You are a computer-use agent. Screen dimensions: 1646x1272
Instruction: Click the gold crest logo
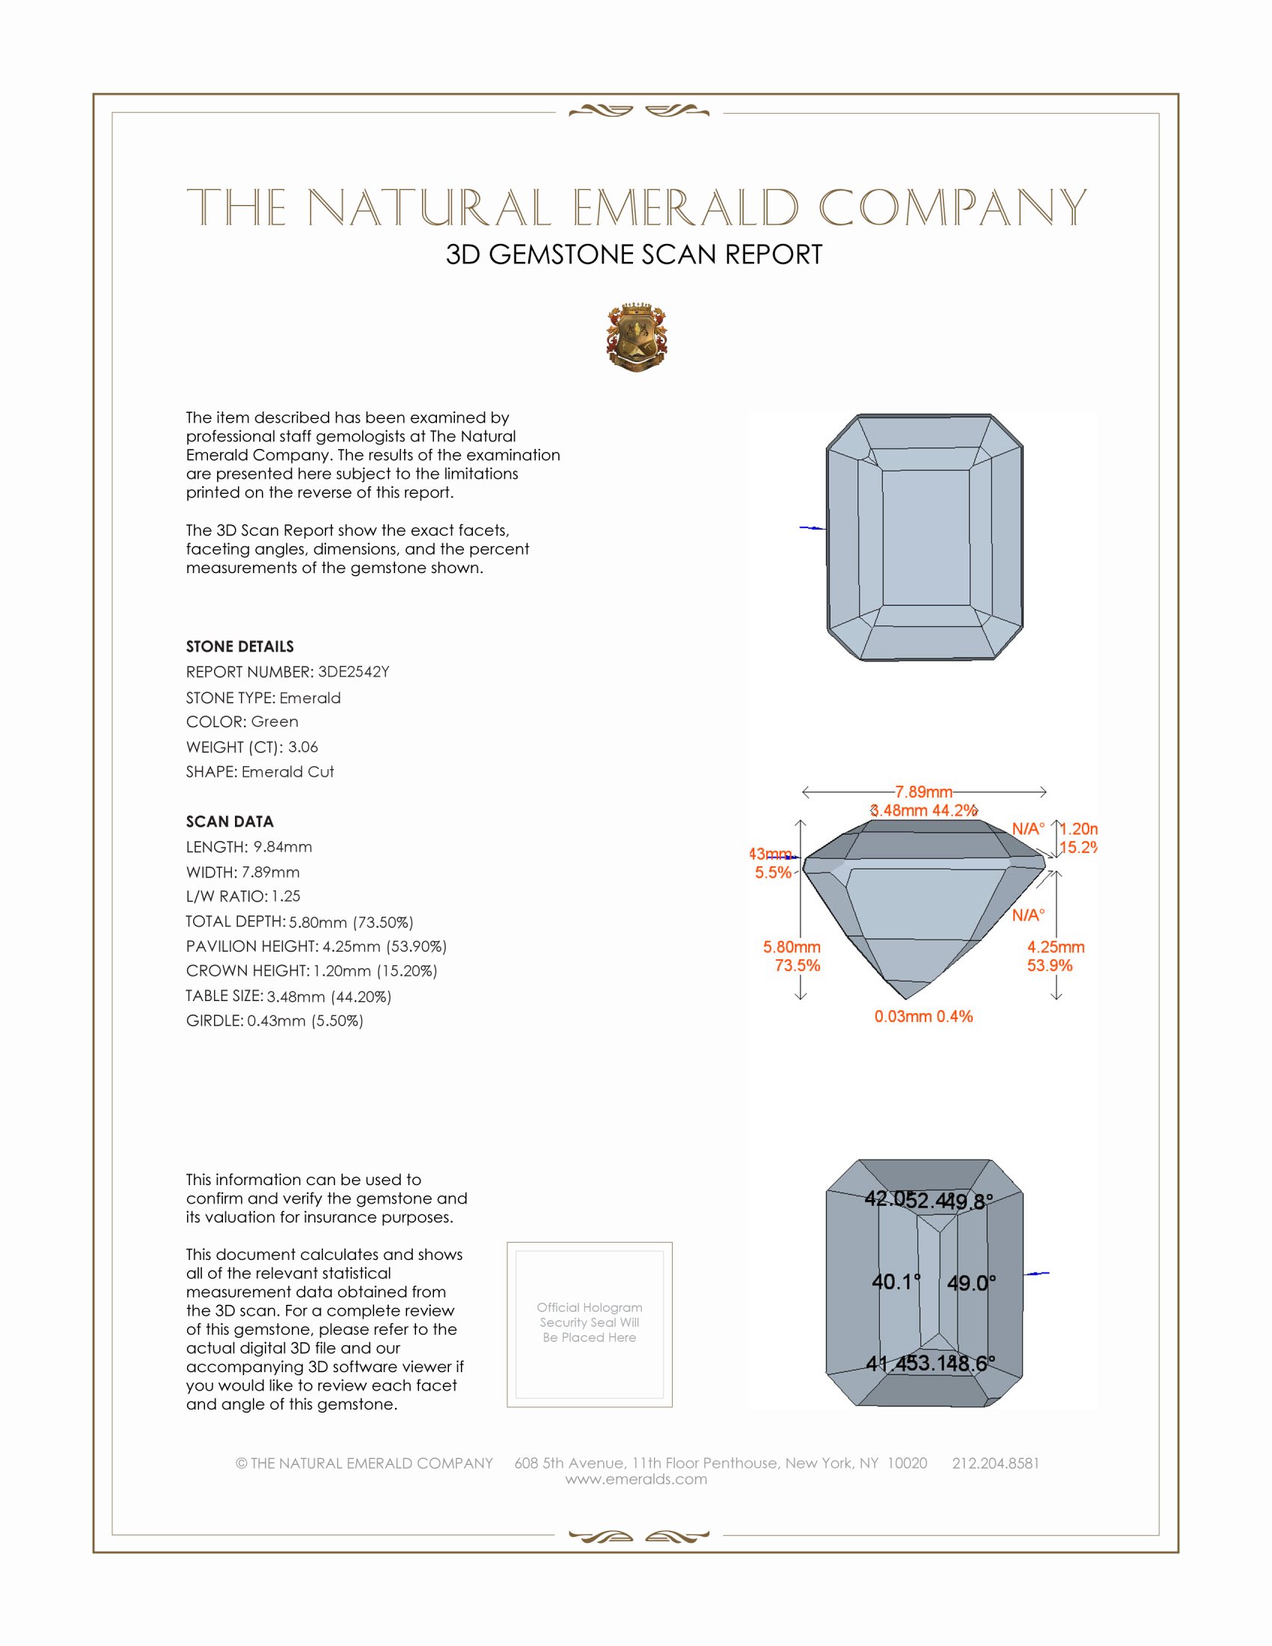pyautogui.click(x=637, y=337)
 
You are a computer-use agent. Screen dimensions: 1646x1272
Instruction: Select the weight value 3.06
pyautogui.click(x=303, y=747)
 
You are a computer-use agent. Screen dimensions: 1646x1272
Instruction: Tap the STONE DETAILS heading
pyautogui.click(x=239, y=646)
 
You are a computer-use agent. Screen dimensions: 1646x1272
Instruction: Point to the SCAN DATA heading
pyautogui.click(x=230, y=822)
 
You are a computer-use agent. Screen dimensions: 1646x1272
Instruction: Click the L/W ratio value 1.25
pyautogui.click(x=286, y=896)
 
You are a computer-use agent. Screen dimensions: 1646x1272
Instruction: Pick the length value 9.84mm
pyautogui.click(x=283, y=846)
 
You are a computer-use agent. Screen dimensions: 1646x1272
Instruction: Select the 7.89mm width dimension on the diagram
pyautogui.click(x=923, y=792)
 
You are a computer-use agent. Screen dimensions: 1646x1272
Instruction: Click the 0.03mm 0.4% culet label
pyautogui.click(x=923, y=1016)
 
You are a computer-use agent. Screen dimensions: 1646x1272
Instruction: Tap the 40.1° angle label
pyautogui.click(x=896, y=1281)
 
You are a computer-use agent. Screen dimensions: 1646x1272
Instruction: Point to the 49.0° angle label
pyautogui.click(x=971, y=1282)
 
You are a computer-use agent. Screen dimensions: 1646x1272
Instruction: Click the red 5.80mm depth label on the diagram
pyautogui.click(x=791, y=946)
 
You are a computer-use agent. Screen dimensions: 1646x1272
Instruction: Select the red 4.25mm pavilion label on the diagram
pyautogui.click(x=1055, y=946)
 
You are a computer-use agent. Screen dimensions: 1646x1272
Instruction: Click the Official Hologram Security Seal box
pyautogui.click(x=590, y=1324)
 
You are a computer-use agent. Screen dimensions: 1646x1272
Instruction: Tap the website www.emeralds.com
pyautogui.click(x=636, y=1478)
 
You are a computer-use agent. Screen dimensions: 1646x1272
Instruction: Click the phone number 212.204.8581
pyautogui.click(x=995, y=1463)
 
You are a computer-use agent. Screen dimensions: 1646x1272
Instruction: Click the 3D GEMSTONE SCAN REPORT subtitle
pyautogui.click(x=634, y=254)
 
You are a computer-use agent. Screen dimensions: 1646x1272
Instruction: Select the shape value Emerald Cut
pyautogui.click(x=287, y=772)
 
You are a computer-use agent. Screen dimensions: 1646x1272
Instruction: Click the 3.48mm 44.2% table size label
pyautogui.click(x=924, y=810)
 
